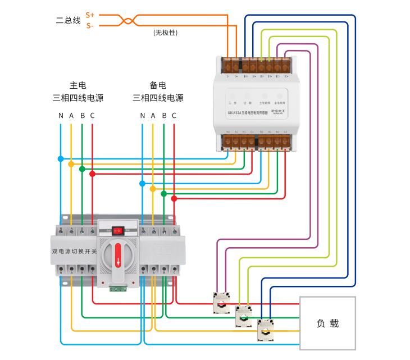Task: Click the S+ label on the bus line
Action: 90,15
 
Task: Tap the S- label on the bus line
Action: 90,26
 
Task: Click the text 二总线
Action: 68,21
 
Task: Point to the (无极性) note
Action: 165,33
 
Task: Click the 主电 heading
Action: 78,85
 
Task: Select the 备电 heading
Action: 158,85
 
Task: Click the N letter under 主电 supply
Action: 61,116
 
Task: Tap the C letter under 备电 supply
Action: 174,116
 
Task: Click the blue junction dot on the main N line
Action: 61,159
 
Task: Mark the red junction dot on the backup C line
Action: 174,198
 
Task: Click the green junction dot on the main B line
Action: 82,169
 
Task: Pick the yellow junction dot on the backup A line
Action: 153,189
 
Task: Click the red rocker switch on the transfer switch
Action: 118,230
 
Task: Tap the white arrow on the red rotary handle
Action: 118,260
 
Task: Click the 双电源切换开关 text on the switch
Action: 74,251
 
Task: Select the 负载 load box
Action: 327,323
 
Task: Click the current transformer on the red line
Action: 221,303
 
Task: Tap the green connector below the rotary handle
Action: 118,289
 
